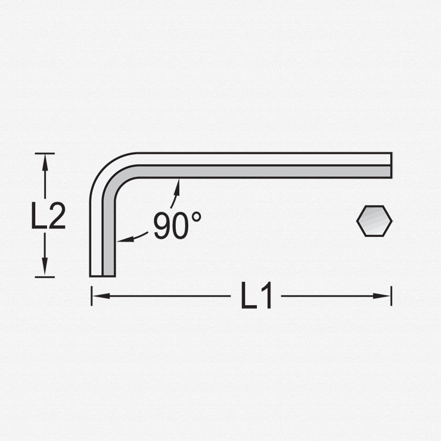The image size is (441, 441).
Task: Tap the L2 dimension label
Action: [48, 217]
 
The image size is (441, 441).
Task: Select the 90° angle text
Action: [177, 225]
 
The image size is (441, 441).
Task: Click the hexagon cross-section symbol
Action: [374, 221]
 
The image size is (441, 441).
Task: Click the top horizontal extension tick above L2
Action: [45, 153]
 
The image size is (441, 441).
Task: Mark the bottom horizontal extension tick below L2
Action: [45, 277]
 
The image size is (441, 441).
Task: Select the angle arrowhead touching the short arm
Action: [121, 239]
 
